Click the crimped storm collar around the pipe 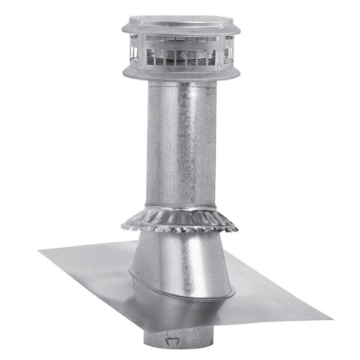(x=180, y=220)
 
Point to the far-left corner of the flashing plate (x=39, y=250)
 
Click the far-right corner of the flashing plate (x=331, y=319)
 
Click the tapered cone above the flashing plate (x=181, y=260)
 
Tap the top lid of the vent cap (x=181, y=21)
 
